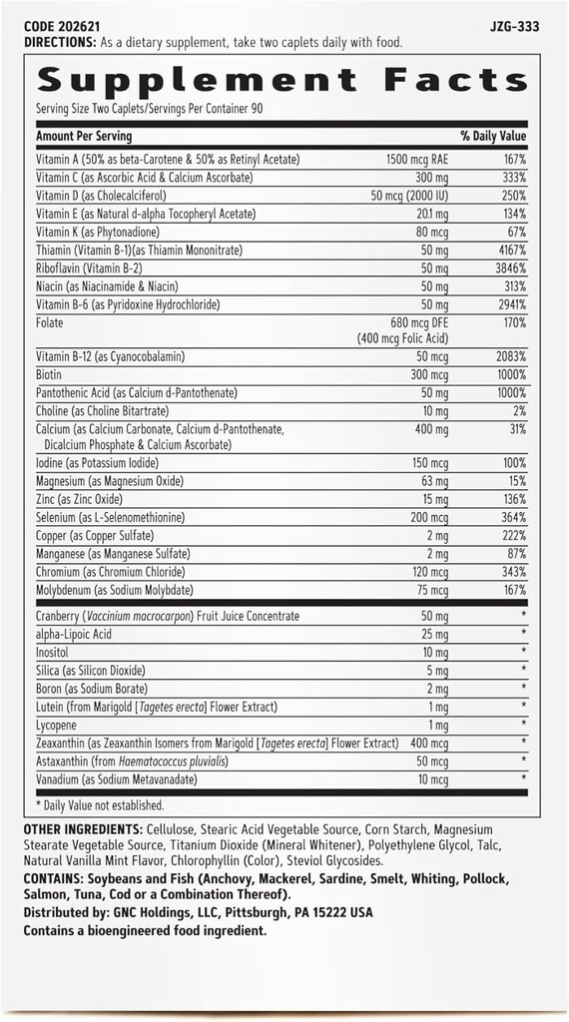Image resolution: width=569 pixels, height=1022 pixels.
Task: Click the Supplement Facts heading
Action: (282, 80)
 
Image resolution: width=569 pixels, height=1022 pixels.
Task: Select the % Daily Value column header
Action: (493, 136)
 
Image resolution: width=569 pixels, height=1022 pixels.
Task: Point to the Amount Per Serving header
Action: (84, 136)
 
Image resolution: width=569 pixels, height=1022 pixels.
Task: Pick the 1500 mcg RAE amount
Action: (418, 160)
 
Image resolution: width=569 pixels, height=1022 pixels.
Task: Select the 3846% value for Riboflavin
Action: (508, 268)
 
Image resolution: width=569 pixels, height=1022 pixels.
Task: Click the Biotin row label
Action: (50, 374)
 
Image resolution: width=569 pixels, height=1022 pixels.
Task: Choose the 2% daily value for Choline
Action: (518, 410)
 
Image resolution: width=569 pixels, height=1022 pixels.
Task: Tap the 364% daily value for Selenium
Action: (513, 517)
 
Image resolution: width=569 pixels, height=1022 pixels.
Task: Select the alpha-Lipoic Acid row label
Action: (74, 634)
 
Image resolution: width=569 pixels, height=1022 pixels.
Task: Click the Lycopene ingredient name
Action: (57, 724)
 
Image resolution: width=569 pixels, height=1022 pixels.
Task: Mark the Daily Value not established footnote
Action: (100, 804)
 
